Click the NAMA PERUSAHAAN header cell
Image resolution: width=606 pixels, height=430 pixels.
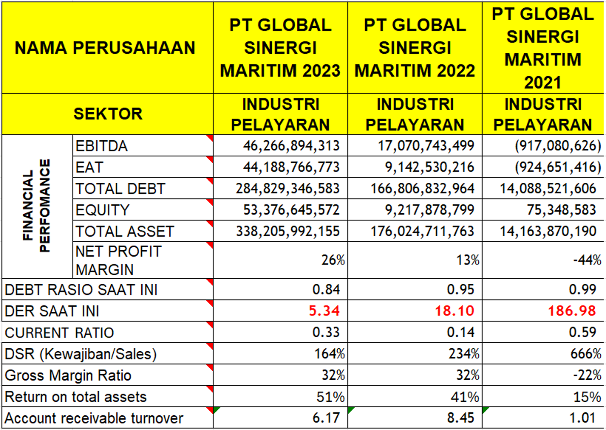105,48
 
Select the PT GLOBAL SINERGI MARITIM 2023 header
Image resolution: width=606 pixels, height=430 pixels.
280,48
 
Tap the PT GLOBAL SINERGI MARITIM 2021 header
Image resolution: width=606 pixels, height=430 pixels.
543,48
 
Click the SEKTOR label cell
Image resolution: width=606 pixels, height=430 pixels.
108,114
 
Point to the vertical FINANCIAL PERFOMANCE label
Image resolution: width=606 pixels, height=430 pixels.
37,206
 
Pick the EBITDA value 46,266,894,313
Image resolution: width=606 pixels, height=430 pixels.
291,146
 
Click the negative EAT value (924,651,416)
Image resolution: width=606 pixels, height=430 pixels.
558,167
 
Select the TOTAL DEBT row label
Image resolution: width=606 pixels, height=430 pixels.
120,188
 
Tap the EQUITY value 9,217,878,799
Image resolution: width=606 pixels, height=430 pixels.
429,210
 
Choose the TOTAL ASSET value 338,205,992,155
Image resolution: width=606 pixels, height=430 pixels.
288,231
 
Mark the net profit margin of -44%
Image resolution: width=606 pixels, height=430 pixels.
587,260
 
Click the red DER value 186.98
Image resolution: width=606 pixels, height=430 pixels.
572,310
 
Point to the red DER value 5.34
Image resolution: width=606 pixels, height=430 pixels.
324,310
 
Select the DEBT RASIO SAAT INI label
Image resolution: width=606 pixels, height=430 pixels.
81,290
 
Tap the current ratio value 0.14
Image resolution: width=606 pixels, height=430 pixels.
460,332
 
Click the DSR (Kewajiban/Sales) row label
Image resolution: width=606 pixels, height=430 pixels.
81,354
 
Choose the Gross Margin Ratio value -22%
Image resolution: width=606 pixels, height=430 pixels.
587,375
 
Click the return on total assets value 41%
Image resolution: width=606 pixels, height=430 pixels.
465,397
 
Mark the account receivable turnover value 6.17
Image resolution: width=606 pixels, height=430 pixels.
326,418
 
